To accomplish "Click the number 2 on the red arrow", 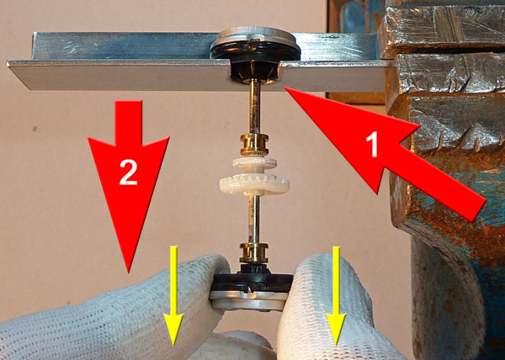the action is tap(129, 172).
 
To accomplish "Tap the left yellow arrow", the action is tap(173, 296).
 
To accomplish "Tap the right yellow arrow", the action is tap(336, 296).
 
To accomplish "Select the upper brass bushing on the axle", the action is tap(254, 144).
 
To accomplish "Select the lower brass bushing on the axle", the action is tap(254, 253).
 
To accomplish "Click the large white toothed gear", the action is tap(254, 184).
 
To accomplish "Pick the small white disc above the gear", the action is tap(254, 163).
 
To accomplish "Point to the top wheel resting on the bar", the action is tap(255, 44).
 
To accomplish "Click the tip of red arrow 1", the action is tap(284, 87).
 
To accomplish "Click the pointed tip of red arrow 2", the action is tap(128, 273).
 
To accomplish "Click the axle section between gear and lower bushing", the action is tap(254, 220).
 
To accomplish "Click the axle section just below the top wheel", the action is tap(255, 106).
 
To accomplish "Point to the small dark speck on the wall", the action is tap(35, 129).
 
